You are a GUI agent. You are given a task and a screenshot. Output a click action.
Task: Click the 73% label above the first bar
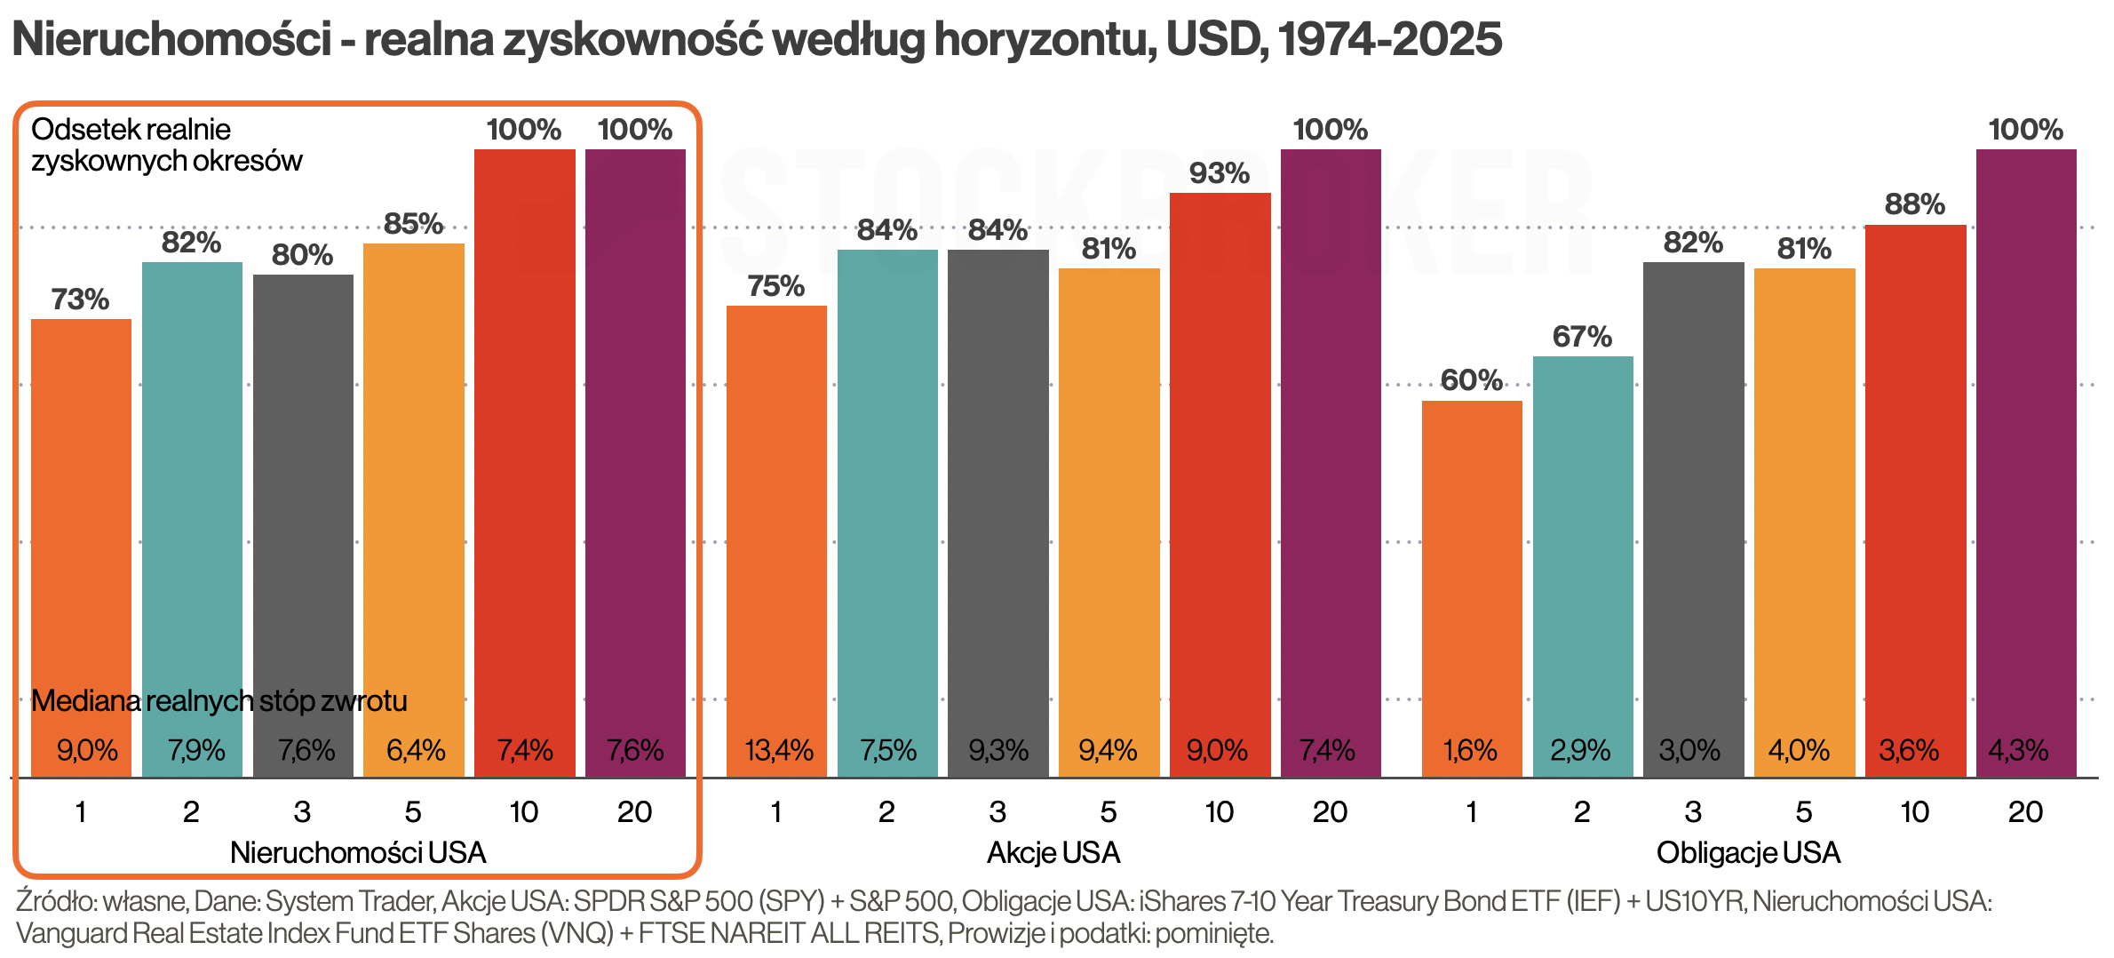tap(80, 299)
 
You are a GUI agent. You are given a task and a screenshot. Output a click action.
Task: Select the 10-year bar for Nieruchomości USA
tap(524, 444)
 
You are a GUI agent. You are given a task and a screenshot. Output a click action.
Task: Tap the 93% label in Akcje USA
tap(1219, 173)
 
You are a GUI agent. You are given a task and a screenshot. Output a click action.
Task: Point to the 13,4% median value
tap(778, 751)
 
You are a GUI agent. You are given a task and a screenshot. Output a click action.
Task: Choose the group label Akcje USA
tap(1053, 853)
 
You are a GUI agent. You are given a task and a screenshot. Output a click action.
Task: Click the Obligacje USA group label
tap(1748, 853)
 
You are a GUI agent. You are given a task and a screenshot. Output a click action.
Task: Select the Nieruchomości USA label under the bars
tap(358, 853)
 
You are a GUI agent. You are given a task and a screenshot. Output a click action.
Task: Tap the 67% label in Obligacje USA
tap(1582, 337)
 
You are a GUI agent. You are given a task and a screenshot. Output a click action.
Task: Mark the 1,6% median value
tap(1471, 751)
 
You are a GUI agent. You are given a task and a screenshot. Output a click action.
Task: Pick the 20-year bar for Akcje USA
tap(1330, 444)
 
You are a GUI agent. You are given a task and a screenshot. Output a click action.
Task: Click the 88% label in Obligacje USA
tap(1915, 205)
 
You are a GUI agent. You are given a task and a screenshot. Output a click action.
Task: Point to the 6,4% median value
tap(415, 751)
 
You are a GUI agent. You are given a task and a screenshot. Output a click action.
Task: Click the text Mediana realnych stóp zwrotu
tap(219, 701)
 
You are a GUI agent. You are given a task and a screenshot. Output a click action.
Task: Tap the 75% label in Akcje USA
tap(775, 286)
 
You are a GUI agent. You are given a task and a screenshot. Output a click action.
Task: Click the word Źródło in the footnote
tap(55, 901)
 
